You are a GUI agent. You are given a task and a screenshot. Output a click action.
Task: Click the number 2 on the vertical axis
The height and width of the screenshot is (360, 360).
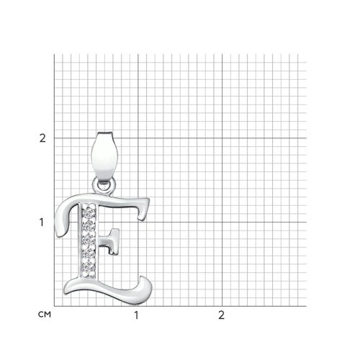tap(42, 138)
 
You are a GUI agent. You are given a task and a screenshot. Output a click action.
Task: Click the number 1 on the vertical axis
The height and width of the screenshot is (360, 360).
tap(42, 222)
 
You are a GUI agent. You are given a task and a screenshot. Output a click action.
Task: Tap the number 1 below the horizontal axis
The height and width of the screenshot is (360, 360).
tap(136, 315)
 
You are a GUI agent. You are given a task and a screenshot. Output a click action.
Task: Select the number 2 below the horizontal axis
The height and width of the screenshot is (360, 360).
tap(221, 315)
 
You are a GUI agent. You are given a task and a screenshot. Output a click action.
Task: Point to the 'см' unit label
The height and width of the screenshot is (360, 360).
tap(45, 315)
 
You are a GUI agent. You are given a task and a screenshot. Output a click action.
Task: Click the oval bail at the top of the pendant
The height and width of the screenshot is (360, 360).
tap(104, 156)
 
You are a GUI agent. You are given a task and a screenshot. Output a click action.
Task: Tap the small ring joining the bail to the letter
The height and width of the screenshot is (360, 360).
tap(104, 186)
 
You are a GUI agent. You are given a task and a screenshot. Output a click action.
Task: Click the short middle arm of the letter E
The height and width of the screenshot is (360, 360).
tap(109, 241)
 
